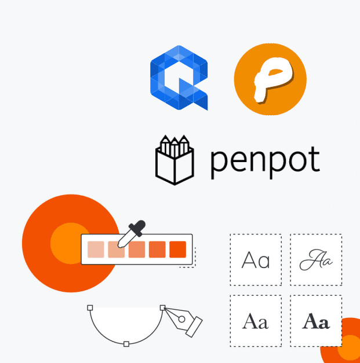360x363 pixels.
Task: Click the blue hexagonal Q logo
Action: (x=178, y=77)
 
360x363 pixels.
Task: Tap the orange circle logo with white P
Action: (x=270, y=79)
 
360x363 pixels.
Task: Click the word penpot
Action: (x=265, y=162)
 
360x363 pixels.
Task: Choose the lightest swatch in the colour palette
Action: (x=95, y=250)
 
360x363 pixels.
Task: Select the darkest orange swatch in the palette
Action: (x=177, y=250)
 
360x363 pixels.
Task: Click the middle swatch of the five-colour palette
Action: (x=136, y=250)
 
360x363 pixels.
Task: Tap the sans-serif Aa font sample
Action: (x=256, y=261)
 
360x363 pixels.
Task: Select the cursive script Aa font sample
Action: (x=316, y=261)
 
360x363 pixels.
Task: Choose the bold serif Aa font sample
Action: (x=316, y=321)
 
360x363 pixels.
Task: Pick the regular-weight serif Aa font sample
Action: (x=256, y=321)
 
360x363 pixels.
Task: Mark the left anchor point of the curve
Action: (x=90, y=307)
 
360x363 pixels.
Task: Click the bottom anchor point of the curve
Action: (x=126, y=344)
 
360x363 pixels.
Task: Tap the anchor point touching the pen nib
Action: (x=163, y=307)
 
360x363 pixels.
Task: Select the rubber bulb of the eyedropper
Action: (x=138, y=226)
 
